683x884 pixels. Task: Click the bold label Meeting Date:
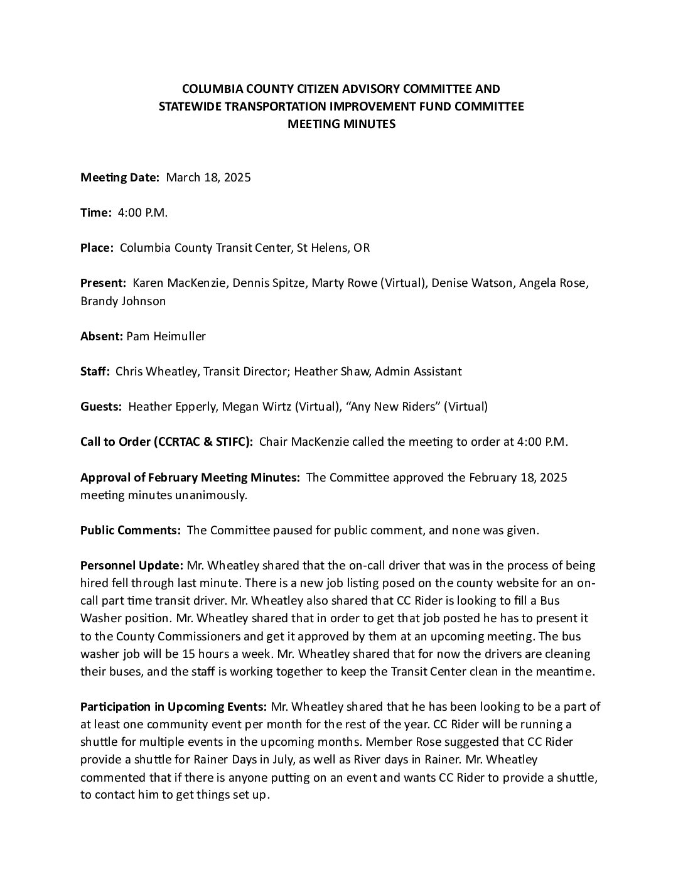coord(120,178)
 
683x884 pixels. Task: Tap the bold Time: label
coord(96,213)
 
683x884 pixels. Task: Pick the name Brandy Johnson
coord(123,301)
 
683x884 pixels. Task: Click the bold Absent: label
coord(101,337)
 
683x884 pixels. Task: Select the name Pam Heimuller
coord(166,337)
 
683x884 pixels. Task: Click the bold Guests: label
coord(101,407)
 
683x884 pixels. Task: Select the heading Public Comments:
coord(131,531)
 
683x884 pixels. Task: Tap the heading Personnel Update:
coord(132,566)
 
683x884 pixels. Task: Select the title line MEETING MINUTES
coord(341,124)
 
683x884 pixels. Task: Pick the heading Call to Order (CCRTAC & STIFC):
coord(167,442)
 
